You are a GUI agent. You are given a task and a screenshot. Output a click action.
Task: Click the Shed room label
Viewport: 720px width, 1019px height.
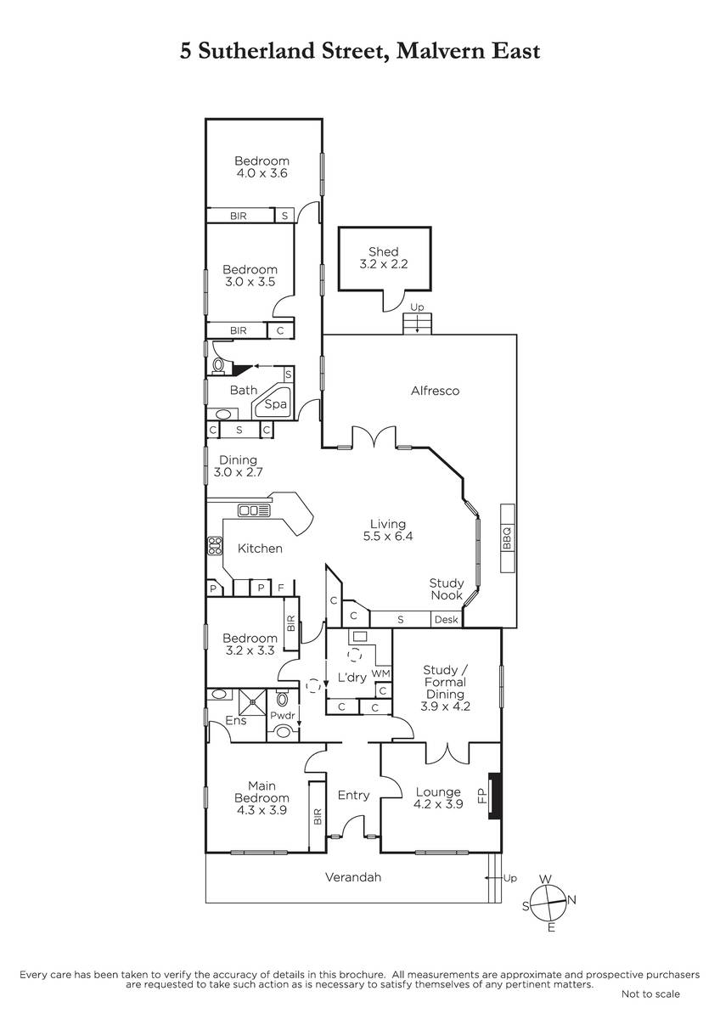tap(384, 251)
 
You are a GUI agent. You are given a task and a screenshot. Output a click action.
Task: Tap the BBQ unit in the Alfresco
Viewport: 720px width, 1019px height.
tap(508, 538)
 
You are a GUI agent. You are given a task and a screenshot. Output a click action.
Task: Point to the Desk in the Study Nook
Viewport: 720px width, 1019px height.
tap(447, 619)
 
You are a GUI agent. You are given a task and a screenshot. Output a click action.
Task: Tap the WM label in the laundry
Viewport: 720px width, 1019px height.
tap(381, 673)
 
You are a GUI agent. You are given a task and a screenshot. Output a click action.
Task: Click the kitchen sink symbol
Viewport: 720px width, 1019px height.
tap(254, 510)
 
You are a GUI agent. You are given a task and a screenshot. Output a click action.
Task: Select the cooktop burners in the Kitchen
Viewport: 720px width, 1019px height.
tap(215, 545)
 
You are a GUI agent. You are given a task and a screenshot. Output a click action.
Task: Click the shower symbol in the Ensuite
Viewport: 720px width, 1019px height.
tap(252, 702)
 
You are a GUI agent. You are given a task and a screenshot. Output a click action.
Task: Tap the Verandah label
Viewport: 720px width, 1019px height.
tap(353, 876)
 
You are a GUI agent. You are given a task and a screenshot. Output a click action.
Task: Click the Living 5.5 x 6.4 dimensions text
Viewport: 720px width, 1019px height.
tap(387, 536)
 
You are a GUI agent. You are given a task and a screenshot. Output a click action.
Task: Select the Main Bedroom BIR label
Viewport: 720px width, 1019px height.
tap(318, 817)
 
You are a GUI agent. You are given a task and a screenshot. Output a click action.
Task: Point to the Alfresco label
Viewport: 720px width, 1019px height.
tap(435, 391)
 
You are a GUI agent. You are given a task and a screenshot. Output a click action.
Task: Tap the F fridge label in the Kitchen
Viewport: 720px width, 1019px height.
tap(281, 588)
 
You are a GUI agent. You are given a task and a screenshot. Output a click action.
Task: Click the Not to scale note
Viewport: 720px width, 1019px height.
tap(650, 994)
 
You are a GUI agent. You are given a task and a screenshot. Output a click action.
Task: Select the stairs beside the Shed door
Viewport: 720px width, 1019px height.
tap(417, 324)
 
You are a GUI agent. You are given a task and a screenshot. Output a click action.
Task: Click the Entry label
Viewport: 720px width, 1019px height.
tap(353, 795)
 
